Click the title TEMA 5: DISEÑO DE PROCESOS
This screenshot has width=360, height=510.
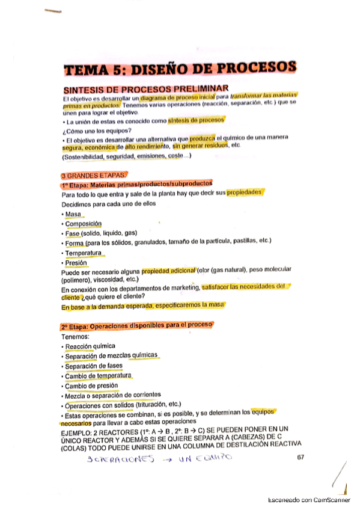pyautogui.click(x=180, y=69)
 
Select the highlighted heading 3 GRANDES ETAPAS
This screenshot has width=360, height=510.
pyautogui.click(x=91, y=175)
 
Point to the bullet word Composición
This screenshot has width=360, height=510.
pyautogui.click(x=84, y=224)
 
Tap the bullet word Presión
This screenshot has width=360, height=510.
pyautogui.click(x=76, y=263)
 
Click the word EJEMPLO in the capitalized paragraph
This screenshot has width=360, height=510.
pyautogui.click(x=78, y=429)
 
